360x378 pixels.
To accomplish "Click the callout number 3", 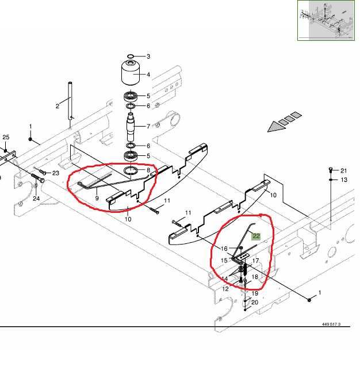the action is pos(148,56).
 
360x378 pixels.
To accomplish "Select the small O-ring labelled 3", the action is pos(131,56).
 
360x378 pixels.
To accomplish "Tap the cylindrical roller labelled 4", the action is pos(131,73).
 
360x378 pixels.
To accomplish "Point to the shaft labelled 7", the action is pos(131,127).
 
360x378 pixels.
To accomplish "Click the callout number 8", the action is pos(148,170).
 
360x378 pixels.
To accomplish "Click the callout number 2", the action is pos(58,106).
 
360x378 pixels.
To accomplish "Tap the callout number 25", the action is pos(6,137).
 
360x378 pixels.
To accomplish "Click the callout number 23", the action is pos(56,173).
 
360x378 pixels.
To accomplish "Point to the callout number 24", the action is pos(36,198).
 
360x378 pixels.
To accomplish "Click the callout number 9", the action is pos(97,198).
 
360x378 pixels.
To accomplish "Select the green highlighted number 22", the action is pos(256,236).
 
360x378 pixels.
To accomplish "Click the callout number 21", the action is pos(344,171).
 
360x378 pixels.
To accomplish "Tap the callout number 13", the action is pos(344,180).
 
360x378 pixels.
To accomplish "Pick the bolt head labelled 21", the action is pos(331,170).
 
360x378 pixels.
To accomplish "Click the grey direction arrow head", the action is pos(276,127).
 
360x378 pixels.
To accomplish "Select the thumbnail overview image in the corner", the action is pos(326,20).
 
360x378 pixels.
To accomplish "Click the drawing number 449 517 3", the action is pos(331,324).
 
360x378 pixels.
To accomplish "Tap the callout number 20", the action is pos(255,302).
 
